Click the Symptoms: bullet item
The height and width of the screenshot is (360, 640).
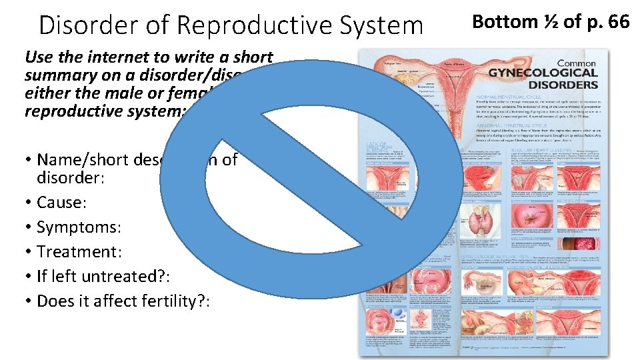pos(79,227)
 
